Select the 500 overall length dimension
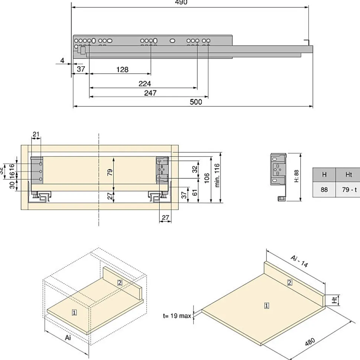(196, 102)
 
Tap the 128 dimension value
(122, 69)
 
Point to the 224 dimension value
(145, 84)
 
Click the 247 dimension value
(150, 93)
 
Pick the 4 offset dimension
(62, 60)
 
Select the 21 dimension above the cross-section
(36, 134)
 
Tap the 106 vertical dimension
(207, 178)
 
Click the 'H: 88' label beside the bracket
(296, 176)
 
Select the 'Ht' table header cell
(348, 175)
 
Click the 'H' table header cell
(324, 175)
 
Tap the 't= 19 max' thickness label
(177, 316)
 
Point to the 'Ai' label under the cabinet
(68, 338)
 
